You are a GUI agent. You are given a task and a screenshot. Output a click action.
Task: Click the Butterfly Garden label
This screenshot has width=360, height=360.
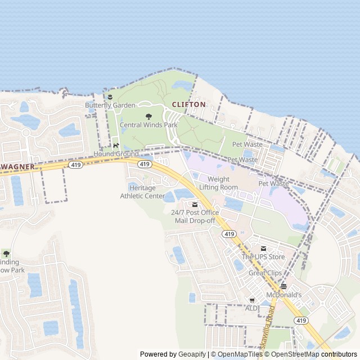tap(110, 105)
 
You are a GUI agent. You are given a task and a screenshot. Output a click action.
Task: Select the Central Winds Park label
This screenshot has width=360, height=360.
tap(148, 125)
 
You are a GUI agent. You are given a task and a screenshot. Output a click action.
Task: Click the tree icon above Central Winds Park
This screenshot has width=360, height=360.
tap(148, 116)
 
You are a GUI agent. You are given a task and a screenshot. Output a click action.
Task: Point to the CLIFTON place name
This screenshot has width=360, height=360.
tap(188, 105)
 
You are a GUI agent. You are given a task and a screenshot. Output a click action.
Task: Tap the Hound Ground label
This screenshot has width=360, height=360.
tap(116, 154)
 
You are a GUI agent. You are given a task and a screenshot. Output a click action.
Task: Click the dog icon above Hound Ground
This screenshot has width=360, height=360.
tap(116, 145)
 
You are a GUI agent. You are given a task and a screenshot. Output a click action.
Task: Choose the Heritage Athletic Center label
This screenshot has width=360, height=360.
tap(142, 192)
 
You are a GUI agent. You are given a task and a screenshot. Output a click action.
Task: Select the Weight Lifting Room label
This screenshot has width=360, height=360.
tap(218, 183)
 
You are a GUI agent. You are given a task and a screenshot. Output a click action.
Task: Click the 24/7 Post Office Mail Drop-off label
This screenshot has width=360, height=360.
tap(195, 217)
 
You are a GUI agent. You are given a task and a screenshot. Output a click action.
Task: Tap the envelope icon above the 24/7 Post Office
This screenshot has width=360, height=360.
tap(195, 204)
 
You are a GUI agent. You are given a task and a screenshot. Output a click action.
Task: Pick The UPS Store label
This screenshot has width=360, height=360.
tap(263, 257)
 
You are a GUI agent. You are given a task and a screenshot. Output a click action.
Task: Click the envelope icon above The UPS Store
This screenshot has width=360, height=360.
tap(263, 249)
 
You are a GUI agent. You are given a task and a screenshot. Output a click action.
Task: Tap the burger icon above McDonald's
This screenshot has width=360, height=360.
tap(283, 286)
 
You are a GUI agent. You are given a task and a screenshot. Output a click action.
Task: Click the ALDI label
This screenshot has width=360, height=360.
tap(252, 308)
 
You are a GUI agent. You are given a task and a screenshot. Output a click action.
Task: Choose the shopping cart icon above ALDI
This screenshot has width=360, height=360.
tap(252, 300)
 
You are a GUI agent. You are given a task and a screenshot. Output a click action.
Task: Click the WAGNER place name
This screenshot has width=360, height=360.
tap(18, 167)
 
